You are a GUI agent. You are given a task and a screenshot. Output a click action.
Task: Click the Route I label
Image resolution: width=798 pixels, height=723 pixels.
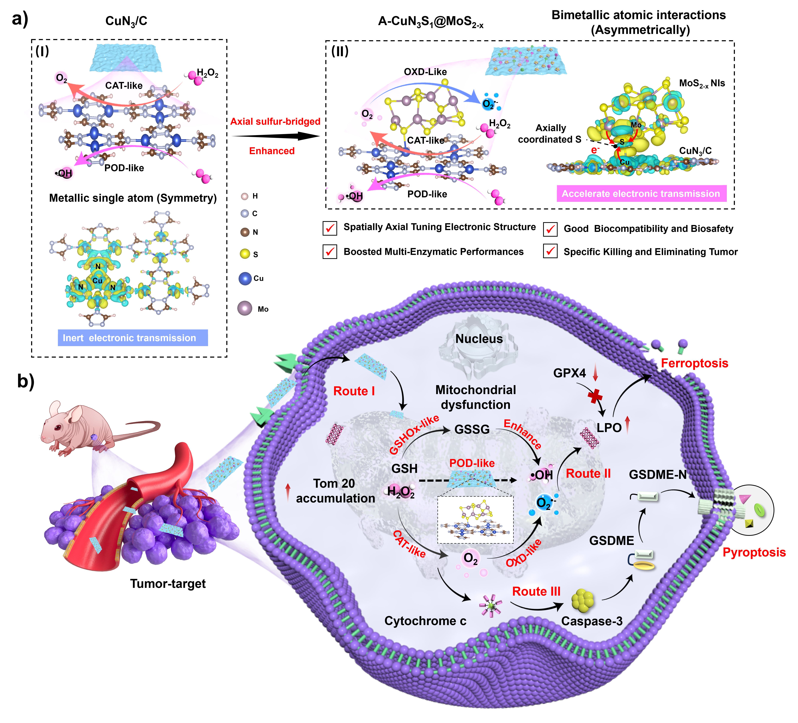tap(354, 391)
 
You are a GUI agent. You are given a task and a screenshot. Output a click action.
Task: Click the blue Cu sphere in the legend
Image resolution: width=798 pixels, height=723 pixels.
tap(245, 279)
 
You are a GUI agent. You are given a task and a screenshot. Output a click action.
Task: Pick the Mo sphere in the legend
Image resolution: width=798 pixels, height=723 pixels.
tap(245, 308)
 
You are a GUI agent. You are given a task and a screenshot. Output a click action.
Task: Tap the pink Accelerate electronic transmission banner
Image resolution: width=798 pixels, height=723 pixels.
tap(641, 193)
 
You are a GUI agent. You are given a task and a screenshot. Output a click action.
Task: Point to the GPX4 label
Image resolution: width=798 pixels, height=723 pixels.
tap(569, 373)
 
